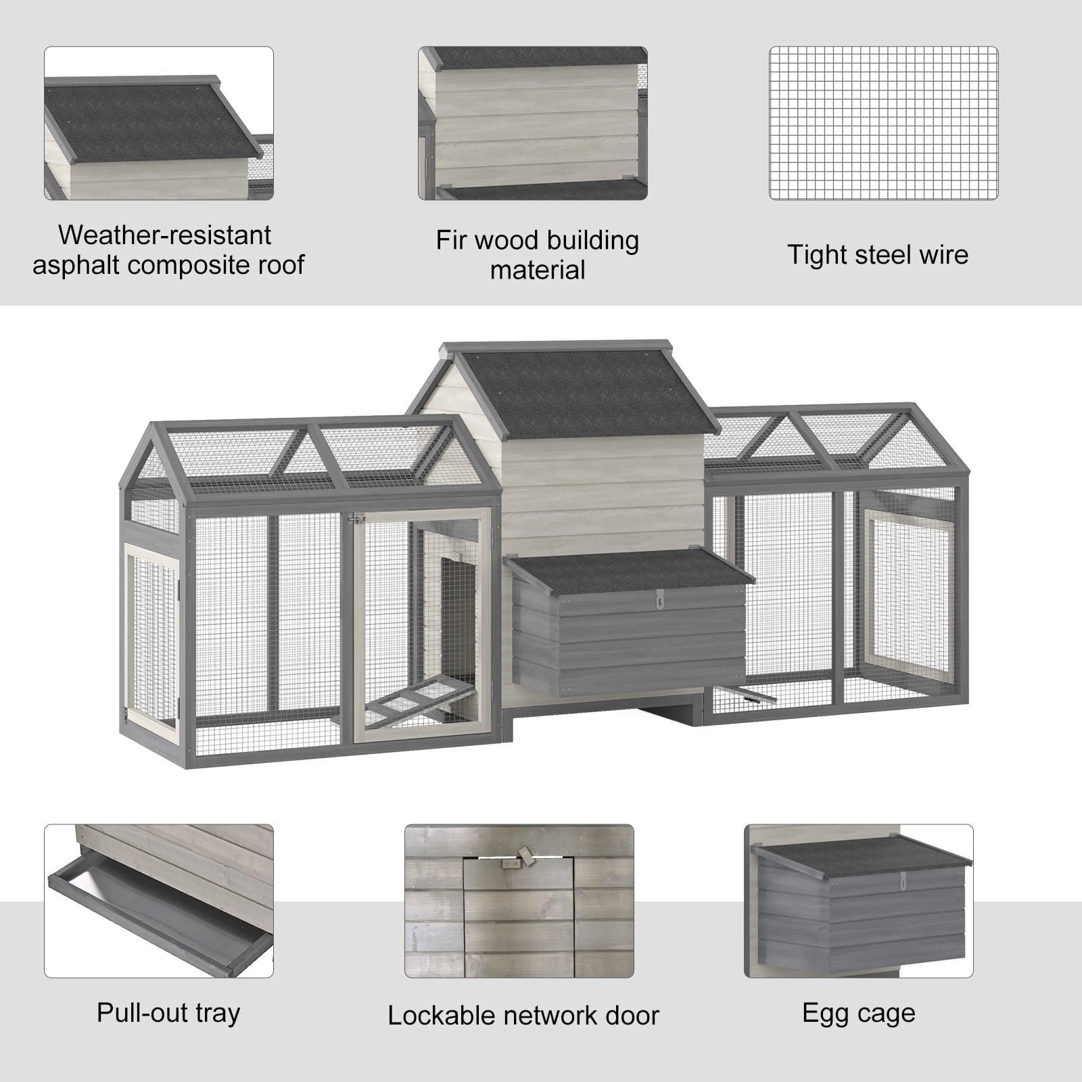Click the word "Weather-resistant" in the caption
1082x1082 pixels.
[164, 235]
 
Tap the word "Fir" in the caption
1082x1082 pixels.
[452, 241]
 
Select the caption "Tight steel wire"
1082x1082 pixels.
[877, 255]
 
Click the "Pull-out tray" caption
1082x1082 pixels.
[168, 1013]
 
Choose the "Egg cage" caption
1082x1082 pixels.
[858, 1013]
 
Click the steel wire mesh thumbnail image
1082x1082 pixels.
[883, 123]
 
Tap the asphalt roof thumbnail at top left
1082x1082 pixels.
[159, 123]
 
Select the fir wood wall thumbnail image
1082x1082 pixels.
[532, 123]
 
